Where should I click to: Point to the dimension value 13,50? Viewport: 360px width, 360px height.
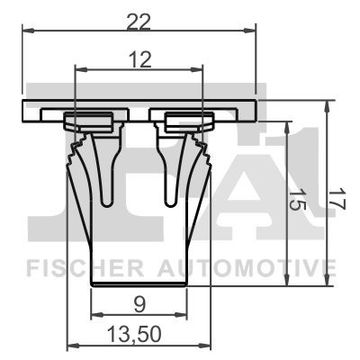tap(139, 335)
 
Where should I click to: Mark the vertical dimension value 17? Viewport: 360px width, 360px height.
tap(335, 198)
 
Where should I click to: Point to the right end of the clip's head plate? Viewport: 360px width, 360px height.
tap(255, 110)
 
